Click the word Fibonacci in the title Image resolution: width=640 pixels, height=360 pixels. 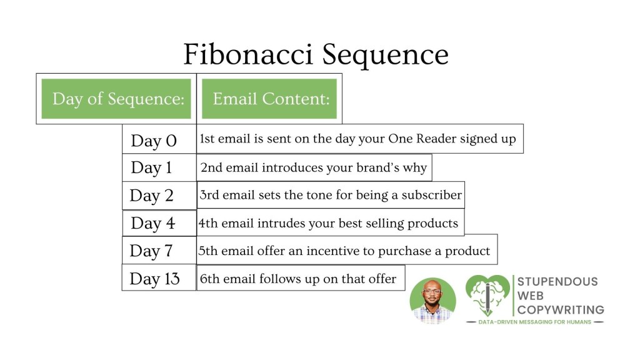click(247, 54)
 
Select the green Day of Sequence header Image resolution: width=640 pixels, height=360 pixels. click(116, 99)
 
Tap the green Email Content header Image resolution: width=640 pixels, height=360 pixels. click(269, 99)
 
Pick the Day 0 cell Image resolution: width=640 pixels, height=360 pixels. click(159, 139)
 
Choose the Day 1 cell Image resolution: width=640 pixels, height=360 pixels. click(159, 167)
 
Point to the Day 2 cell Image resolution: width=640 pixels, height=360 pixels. click(159, 196)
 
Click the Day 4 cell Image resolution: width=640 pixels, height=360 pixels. click(159, 223)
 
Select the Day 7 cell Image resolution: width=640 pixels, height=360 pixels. click(159, 251)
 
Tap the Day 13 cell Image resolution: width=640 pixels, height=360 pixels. click(159, 278)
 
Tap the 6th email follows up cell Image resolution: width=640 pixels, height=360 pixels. click(301, 278)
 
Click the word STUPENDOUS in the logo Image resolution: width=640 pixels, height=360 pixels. click(557, 282)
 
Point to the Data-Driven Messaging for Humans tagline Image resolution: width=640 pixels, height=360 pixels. click(535, 322)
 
